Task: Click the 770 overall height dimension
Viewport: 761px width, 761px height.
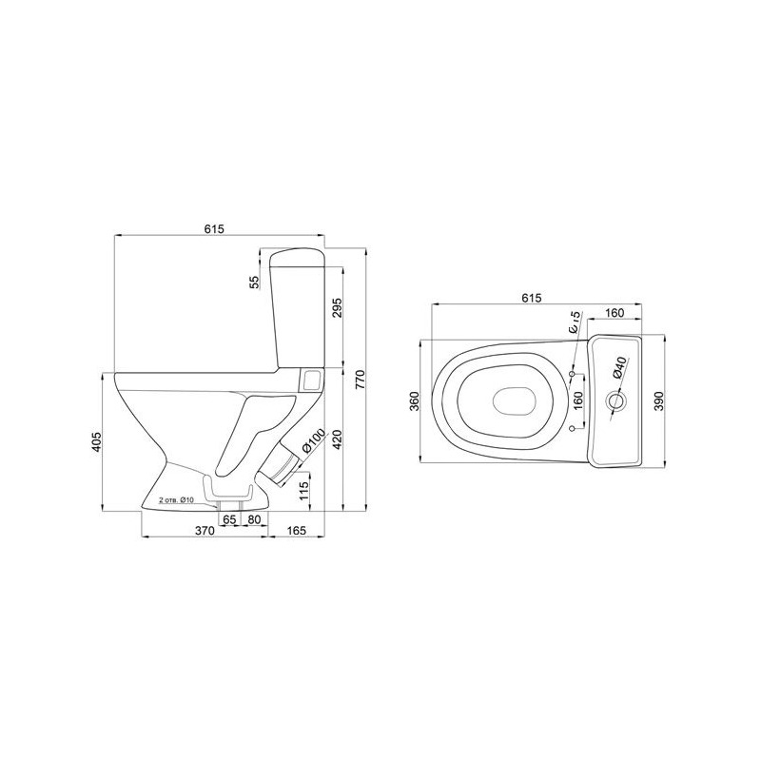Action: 360,380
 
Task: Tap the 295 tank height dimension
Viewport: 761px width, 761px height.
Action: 338,307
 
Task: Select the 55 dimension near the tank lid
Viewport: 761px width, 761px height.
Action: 255,282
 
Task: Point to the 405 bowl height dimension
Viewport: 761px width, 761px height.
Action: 97,441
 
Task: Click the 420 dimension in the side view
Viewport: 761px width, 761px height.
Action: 338,439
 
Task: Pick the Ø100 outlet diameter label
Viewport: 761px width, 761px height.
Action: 313,442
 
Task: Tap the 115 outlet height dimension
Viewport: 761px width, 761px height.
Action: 304,492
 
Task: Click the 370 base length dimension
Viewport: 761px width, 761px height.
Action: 205,531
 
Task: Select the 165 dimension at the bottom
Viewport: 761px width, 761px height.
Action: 297,531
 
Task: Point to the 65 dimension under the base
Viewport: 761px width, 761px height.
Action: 229,519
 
